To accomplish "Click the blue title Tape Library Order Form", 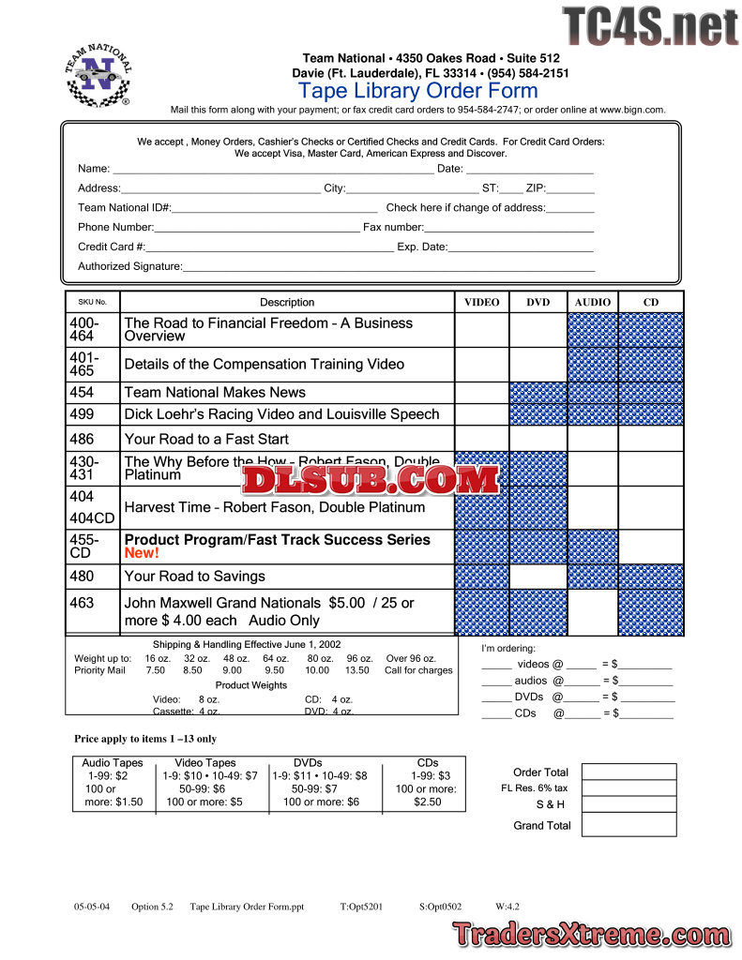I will tap(417, 91).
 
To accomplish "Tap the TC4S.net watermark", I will tap(649, 26).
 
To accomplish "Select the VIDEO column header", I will tap(482, 302).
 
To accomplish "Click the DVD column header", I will tap(538, 302).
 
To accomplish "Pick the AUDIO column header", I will tap(592, 302).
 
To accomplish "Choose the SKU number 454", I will tap(82, 392).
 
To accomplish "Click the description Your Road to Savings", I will tap(194, 577).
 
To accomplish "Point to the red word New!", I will tap(142, 553).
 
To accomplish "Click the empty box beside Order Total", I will tap(628, 772).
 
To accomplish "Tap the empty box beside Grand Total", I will tap(628, 825).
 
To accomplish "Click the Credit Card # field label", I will tap(112, 247).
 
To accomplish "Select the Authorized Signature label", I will tap(129, 266).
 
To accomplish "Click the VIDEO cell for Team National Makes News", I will tap(482, 392).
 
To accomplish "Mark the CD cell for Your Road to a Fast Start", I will tap(650, 439).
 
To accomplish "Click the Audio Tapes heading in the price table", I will tap(113, 763).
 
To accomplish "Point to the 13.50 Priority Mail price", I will tap(356, 670).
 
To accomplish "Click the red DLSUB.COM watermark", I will tap(371, 480).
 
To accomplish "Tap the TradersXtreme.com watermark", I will tap(592, 934).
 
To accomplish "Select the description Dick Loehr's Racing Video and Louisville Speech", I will tap(281, 414).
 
